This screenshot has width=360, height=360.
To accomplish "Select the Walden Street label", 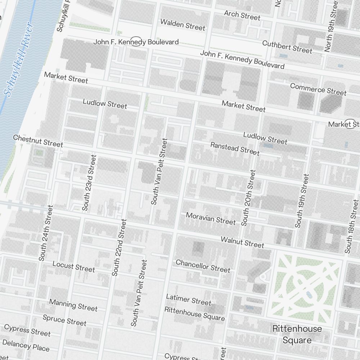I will point(183,25).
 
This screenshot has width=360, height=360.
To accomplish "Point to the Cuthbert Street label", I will point(287,47).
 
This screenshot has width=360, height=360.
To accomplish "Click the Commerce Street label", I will point(318,89).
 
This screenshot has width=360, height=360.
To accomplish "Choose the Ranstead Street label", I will point(235,149).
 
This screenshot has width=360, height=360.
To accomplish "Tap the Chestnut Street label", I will point(38,141).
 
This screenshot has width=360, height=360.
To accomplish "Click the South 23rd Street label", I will point(89,183).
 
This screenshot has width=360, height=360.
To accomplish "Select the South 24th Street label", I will point(46,233).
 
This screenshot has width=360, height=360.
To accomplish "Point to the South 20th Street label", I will point(248,198).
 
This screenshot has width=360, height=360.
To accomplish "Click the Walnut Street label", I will point(242,242).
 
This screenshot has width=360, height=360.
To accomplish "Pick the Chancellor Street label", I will point(203,266).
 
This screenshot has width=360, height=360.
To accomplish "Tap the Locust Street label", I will point(73,267).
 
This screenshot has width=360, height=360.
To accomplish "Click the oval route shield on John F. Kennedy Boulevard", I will point(136,41).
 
